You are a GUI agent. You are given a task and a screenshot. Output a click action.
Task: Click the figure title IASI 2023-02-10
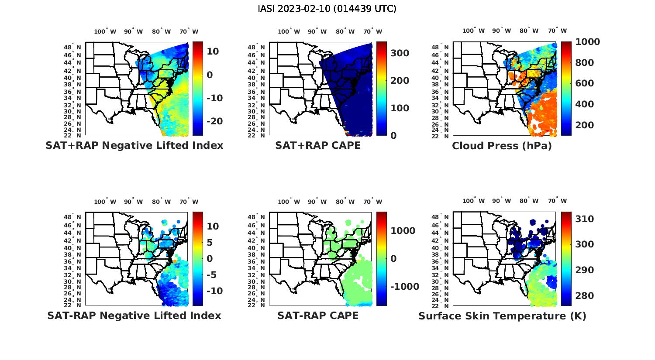[327, 9]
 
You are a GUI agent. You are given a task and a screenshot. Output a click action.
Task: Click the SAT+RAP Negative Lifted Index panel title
[134, 145]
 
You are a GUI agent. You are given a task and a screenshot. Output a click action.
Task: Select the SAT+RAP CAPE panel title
[318, 145]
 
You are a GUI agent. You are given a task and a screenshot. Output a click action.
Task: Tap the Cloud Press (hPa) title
[502, 146]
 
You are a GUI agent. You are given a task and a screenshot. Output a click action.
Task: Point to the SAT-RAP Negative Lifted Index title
[134, 315]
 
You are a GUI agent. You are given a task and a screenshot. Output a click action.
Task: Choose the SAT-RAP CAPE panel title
[318, 315]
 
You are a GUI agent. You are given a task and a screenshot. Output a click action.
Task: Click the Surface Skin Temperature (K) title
[502, 316]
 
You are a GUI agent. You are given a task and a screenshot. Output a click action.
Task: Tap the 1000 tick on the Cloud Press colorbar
[587, 42]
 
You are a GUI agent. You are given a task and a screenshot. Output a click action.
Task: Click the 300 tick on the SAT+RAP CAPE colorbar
[400, 53]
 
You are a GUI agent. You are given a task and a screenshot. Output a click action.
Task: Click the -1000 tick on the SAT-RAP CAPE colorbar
[404, 287]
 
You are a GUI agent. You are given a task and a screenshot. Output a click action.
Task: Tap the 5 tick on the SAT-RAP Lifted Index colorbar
[210, 243]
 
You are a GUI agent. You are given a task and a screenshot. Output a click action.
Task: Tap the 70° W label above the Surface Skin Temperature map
[558, 201]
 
